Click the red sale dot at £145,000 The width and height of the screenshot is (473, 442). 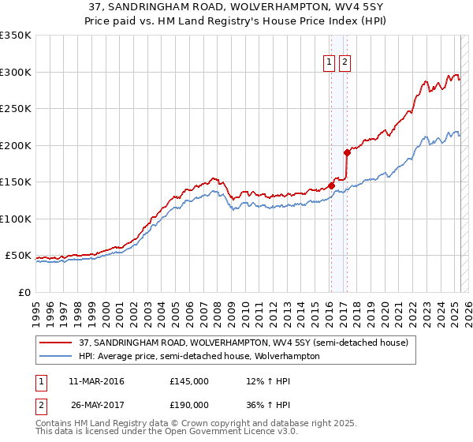tap(331, 186)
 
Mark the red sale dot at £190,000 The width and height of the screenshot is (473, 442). tap(347, 152)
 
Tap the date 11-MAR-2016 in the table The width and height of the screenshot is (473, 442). tap(97, 381)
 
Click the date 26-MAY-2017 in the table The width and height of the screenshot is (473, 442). tap(97, 405)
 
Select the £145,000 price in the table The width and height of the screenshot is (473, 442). tap(189, 381)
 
